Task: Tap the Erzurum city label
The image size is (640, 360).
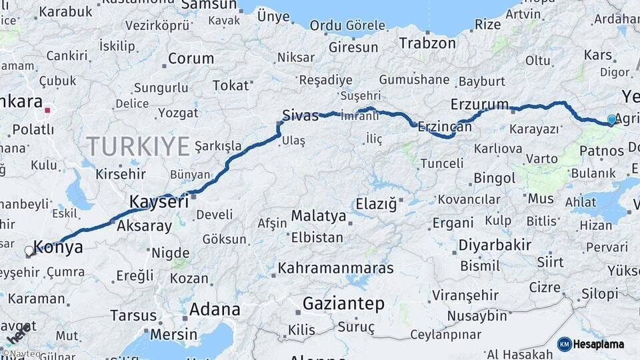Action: [x=479, y=105]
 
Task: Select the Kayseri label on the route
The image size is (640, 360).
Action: [x=159, y=201]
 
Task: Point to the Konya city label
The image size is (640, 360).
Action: [x=58, y=247]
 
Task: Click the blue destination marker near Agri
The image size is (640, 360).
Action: [x=611, y=120]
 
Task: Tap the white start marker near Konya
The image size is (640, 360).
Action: [x=29, y=251]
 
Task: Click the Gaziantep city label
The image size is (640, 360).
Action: [x=343, y=304]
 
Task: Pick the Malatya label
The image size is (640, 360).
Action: [x=319, y=216]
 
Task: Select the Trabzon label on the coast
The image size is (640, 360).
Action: [x=427, y=43]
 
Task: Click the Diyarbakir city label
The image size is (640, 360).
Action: [x=495, y=245]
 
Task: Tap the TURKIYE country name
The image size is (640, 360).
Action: [x=138, y=145]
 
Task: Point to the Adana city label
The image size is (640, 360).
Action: [x=215, y=309]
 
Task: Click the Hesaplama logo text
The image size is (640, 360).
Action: [x=599, y=345]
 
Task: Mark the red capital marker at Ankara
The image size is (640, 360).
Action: [x=47, y=110]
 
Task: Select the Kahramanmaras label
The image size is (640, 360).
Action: [x=336, y=269]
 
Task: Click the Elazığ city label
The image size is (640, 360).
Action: [x=376, y=203]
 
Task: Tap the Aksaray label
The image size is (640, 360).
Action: [x=144, y=226]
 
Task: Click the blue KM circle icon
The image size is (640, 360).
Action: [x=565, y=345]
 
